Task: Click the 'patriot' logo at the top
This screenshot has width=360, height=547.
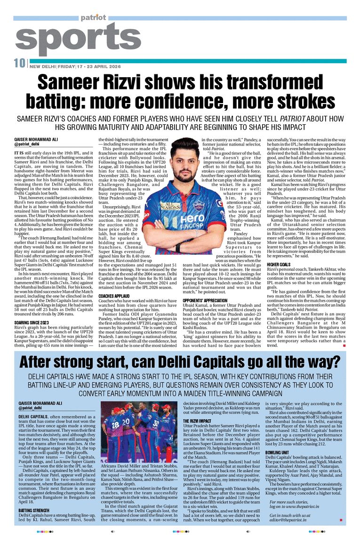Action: (x=93, y=18)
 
